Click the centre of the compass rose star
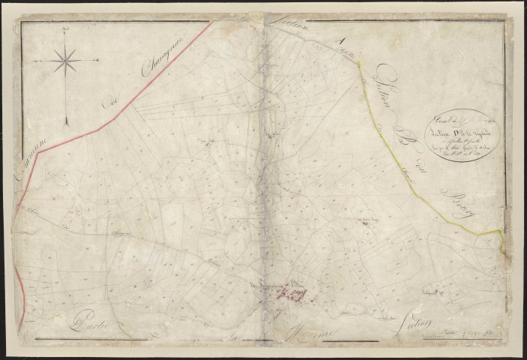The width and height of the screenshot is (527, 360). click(x=67, y=59)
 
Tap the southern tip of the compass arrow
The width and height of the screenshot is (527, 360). click(x=67, y=123)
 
